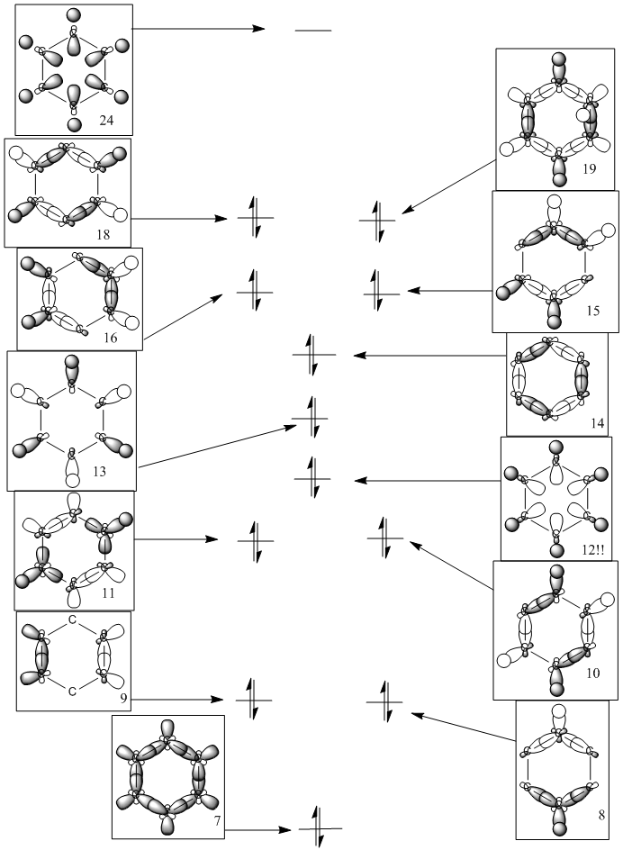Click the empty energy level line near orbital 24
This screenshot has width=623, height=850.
coord(313,31)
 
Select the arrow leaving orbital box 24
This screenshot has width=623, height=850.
coord(199,29)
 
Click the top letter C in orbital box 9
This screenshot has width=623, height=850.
coord(73,619)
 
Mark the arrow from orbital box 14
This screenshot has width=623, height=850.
coord(429,356)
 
